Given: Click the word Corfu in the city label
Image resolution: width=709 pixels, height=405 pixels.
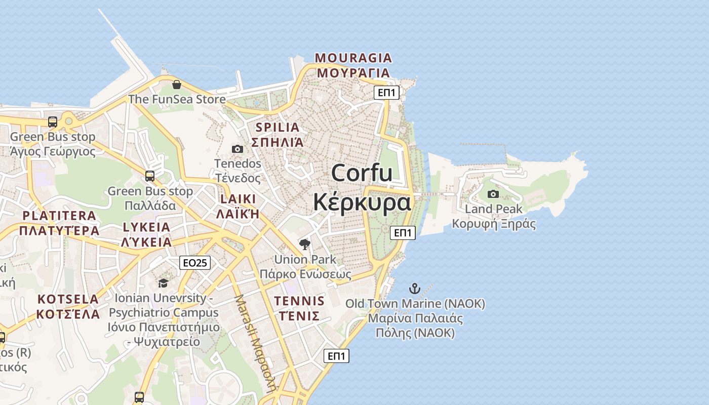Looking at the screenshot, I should click(x=362, y=173).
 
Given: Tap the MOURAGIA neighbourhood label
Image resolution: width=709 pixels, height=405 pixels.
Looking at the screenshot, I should click(x=353, y=58).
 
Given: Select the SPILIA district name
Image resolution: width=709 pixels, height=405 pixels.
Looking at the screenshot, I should click(x=278, y=127).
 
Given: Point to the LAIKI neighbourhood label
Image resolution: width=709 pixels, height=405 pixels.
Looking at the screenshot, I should click(x=238, y=198).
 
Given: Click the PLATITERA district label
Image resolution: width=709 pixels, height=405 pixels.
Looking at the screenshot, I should click(x=59, y=216).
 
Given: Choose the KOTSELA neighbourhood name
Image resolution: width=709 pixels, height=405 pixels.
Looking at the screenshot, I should click(x=68, y=299).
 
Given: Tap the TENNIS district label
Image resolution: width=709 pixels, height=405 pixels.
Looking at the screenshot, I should click(x=299, y=301).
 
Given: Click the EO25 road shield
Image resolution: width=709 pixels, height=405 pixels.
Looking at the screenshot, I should click(x=195, y=263).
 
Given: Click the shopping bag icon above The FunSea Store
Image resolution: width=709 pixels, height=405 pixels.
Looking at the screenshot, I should click(x=176, y=85).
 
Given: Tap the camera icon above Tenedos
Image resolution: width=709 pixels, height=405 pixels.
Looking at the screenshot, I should click(x=237, y=149).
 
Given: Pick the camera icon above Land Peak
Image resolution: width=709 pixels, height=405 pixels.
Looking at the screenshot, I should click(x=493, y=194).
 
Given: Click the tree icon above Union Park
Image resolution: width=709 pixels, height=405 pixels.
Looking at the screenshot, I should click(x=304, y=245).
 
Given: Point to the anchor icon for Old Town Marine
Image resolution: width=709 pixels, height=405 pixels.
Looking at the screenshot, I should click(x=415, y=289).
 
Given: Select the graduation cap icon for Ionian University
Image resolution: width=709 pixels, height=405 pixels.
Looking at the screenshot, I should click(x=163, y=283).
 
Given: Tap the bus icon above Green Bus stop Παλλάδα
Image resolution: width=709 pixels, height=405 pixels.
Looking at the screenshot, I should click(x=150, y=176).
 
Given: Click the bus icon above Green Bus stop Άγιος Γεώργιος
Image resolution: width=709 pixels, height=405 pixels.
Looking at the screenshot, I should click(x=53, y=122).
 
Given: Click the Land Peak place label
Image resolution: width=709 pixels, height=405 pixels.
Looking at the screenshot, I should click(x=493, y=209).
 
